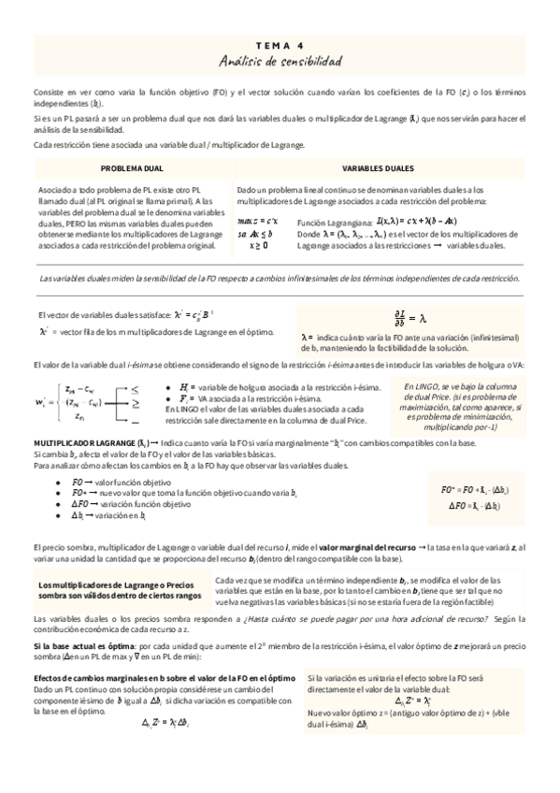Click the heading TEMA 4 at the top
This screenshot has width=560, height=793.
pos(280,44)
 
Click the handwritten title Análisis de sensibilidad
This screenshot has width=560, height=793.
pos(280,62)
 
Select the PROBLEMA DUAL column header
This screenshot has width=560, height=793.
pos(132,168)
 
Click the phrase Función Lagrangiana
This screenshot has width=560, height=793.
pos(334,222)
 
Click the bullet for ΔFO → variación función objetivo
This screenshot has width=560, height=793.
pos(58,503)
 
